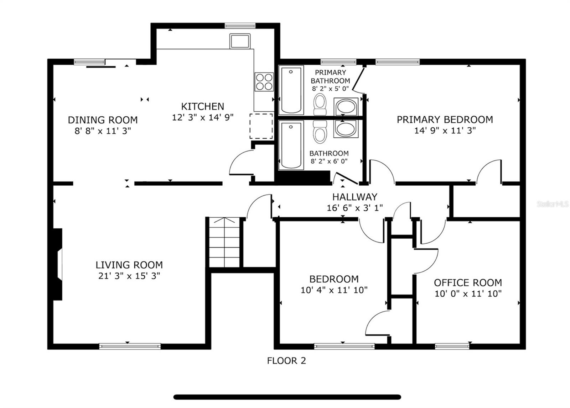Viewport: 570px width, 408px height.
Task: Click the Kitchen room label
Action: point(202,106)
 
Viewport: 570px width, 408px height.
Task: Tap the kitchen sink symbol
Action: point(240,41)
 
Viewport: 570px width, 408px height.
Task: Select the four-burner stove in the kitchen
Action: point(264,82)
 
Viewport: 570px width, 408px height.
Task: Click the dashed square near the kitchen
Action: point(261,126)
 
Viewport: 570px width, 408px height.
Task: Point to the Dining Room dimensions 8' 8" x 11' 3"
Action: point(103,131)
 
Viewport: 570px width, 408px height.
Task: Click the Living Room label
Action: point(129,265)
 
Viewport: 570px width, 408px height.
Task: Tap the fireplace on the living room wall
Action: point(58,264)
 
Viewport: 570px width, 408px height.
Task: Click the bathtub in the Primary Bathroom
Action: point(291,90)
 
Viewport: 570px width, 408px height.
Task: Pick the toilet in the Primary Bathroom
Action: point(320,104)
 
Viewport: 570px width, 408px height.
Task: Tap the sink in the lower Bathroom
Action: point(345,129)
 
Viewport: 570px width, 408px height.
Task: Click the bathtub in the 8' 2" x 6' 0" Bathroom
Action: point(291,145)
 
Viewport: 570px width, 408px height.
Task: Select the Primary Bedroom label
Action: point(445,120)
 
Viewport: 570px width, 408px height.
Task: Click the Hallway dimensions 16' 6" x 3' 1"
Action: point(354,208)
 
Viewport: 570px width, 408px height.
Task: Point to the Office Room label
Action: point(468,283)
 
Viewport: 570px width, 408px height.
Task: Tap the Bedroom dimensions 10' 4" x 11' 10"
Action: point(334,290)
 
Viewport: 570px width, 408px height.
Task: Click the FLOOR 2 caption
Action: point(286,361)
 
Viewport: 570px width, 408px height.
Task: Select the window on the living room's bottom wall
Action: point(130,346)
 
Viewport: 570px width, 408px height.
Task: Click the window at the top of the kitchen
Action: point(240,26)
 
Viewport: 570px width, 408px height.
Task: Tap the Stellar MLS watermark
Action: point(553,204)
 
